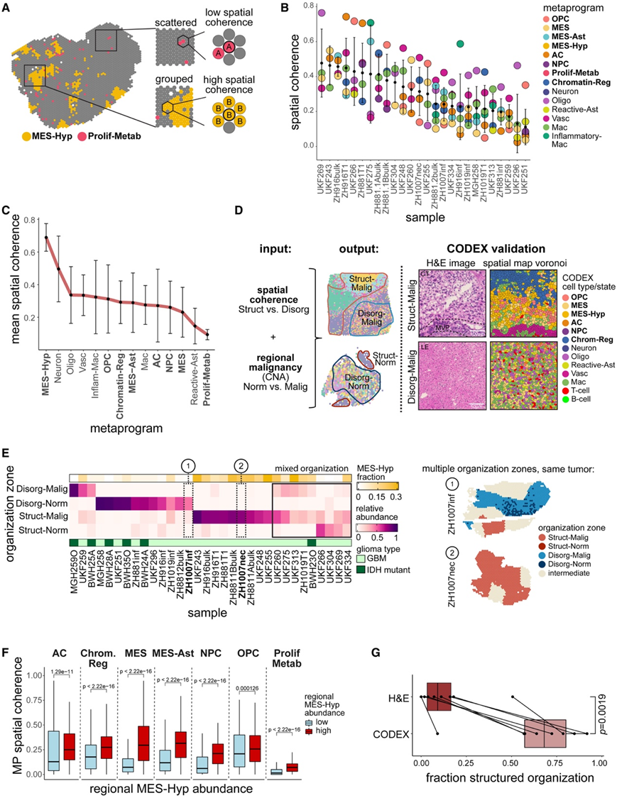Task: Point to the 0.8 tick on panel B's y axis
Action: (x=302, y=6)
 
